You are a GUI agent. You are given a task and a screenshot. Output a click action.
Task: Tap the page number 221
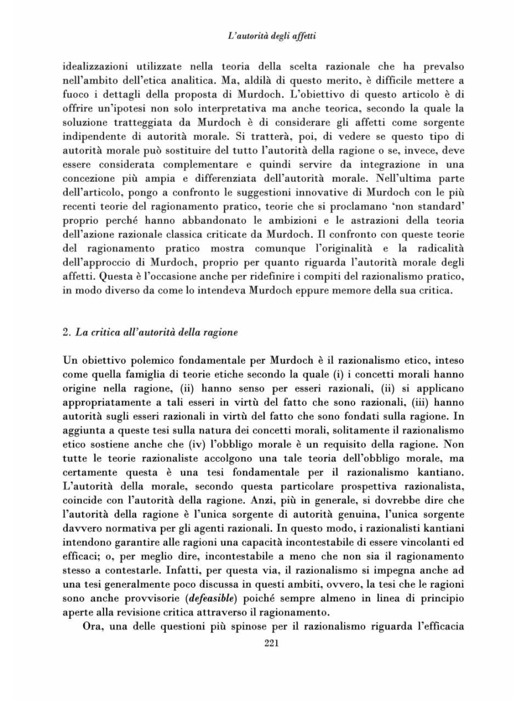(x=271, y=643)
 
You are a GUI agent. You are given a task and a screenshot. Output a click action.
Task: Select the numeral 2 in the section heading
(x=65, y=332)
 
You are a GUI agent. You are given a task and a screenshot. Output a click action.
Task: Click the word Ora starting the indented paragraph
(x=92, y=627)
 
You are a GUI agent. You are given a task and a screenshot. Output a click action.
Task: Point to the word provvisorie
(x=152, y=598)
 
